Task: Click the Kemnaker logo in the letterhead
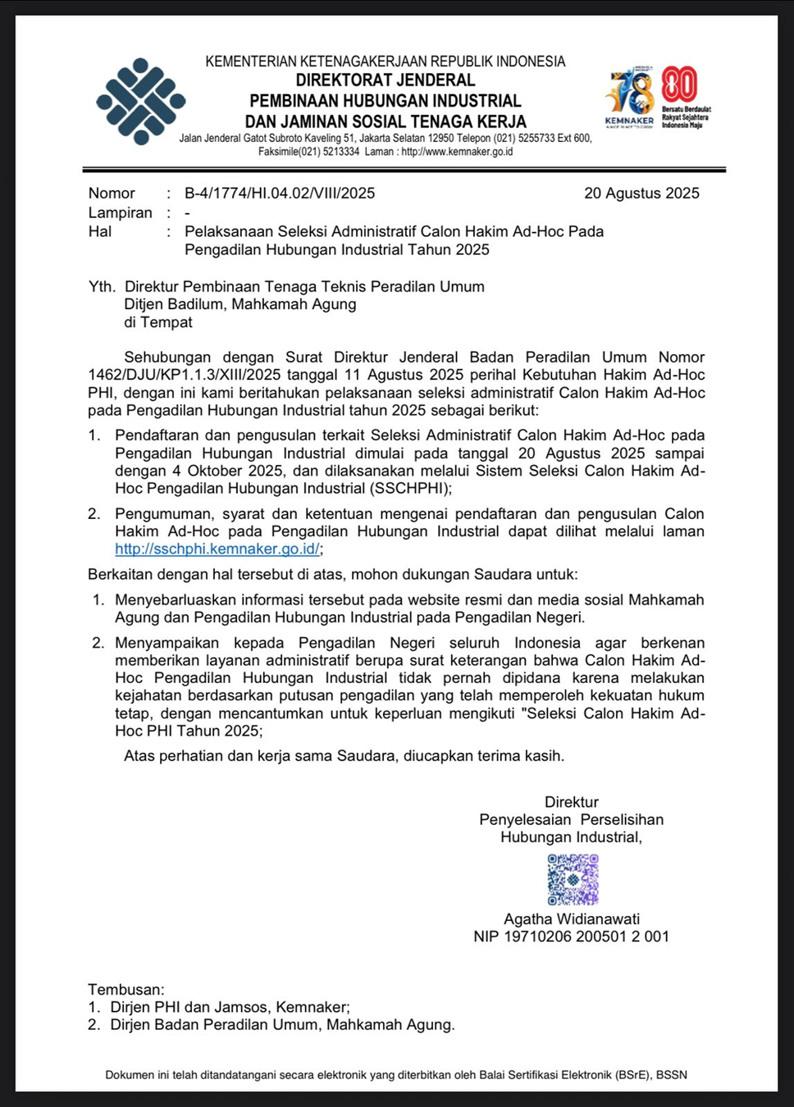pyautogui.click(x=140, y=101)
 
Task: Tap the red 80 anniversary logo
pyautogui.click(x=679, y=84)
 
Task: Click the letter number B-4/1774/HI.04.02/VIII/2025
pyautogui.click(x=280, y=194)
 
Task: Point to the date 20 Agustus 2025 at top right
pyautogui.click(x=641, y=194)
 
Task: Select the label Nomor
pyautogui.click(x=112, y=194)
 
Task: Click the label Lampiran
pyautogui.click(x=121, y=212)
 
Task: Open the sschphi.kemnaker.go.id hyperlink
pyautogui.click(x=217, y=549)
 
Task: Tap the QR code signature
pyautogui.click(x=573, y=879)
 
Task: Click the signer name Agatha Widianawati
pyautogui.click(x=572, y=919)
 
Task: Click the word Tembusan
pyautogui.click(x=126, y=990)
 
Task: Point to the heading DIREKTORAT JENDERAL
pyautogui.click(x=386, y=80)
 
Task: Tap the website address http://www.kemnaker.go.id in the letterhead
pyautogui.click(x=457, y=152)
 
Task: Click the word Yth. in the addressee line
pyautogui.click(x=102, y=287)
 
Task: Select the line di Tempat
pyautogui.click(x=158, y=322)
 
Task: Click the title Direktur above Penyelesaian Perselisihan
pyautogui.click(x=572, y=802)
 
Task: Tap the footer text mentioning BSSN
pyautogui.click(x=396, y=1074)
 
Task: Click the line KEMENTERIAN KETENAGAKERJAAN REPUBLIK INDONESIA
pyautogui.click(x=386, y=61)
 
